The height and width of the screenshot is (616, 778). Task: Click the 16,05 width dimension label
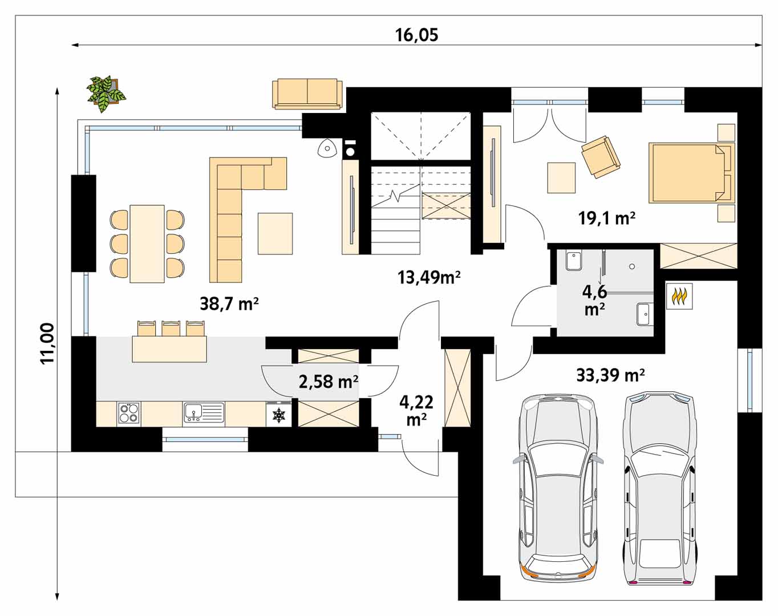(x=416, y=35)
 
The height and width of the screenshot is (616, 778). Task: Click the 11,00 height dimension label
(x=47, y=343)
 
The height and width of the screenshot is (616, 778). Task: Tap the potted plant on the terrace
(x=106, y=94)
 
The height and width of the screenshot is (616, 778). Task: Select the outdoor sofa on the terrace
(x=307, y=94)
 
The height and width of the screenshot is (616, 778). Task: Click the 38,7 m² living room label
(x=229, y=303)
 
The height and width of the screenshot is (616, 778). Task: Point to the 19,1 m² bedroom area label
(x=607, y=218)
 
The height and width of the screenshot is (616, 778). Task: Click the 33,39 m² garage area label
(x=610, y=375)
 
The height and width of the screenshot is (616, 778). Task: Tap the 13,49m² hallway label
(x=429, y=277)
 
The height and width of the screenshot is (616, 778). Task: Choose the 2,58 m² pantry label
(x=329, y=382)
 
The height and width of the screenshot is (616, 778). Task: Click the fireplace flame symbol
(x=679, y=295)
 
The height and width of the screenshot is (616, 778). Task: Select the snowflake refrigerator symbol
(x=279, y=415)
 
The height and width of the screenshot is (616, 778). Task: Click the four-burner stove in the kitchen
(x=129, y=412)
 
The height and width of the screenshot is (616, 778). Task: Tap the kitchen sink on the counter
(x=204, y=412)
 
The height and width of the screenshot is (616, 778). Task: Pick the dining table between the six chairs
(x=147, y=244)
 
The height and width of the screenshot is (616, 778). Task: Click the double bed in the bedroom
(x=692, y=173)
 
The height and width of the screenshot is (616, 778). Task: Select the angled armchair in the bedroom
(x=601, y=157)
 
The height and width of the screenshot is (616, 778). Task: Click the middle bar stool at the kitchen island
(x=171, y=328)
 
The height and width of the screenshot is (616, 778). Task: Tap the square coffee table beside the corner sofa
(x=275, y=233)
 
